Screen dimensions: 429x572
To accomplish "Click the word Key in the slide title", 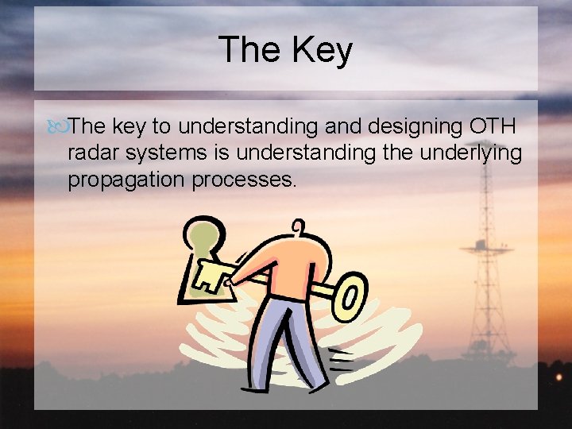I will click(x=322, y=50).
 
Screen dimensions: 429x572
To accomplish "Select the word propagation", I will click(x=126, y=180).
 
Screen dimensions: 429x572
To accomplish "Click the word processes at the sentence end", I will click(x=245, y=180).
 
